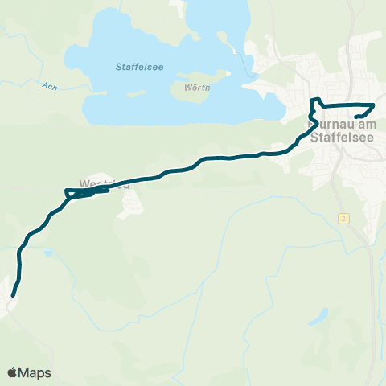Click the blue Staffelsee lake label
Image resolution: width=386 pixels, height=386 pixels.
139,67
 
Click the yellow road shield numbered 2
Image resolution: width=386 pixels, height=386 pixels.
343,219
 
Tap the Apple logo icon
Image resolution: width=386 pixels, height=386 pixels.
13,372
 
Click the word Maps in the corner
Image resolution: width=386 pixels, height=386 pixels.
35,372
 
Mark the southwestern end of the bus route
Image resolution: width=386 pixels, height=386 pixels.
13,295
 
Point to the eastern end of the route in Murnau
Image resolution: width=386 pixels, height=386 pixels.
356,119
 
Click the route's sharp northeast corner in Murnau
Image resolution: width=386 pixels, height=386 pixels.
375,106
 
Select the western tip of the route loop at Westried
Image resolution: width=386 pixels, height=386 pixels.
65,191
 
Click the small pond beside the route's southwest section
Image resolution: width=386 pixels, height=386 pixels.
48,253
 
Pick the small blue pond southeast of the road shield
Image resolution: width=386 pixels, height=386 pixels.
321,316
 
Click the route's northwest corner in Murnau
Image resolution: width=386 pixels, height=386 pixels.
313,100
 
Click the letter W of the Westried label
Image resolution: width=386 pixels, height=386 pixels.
84,183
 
